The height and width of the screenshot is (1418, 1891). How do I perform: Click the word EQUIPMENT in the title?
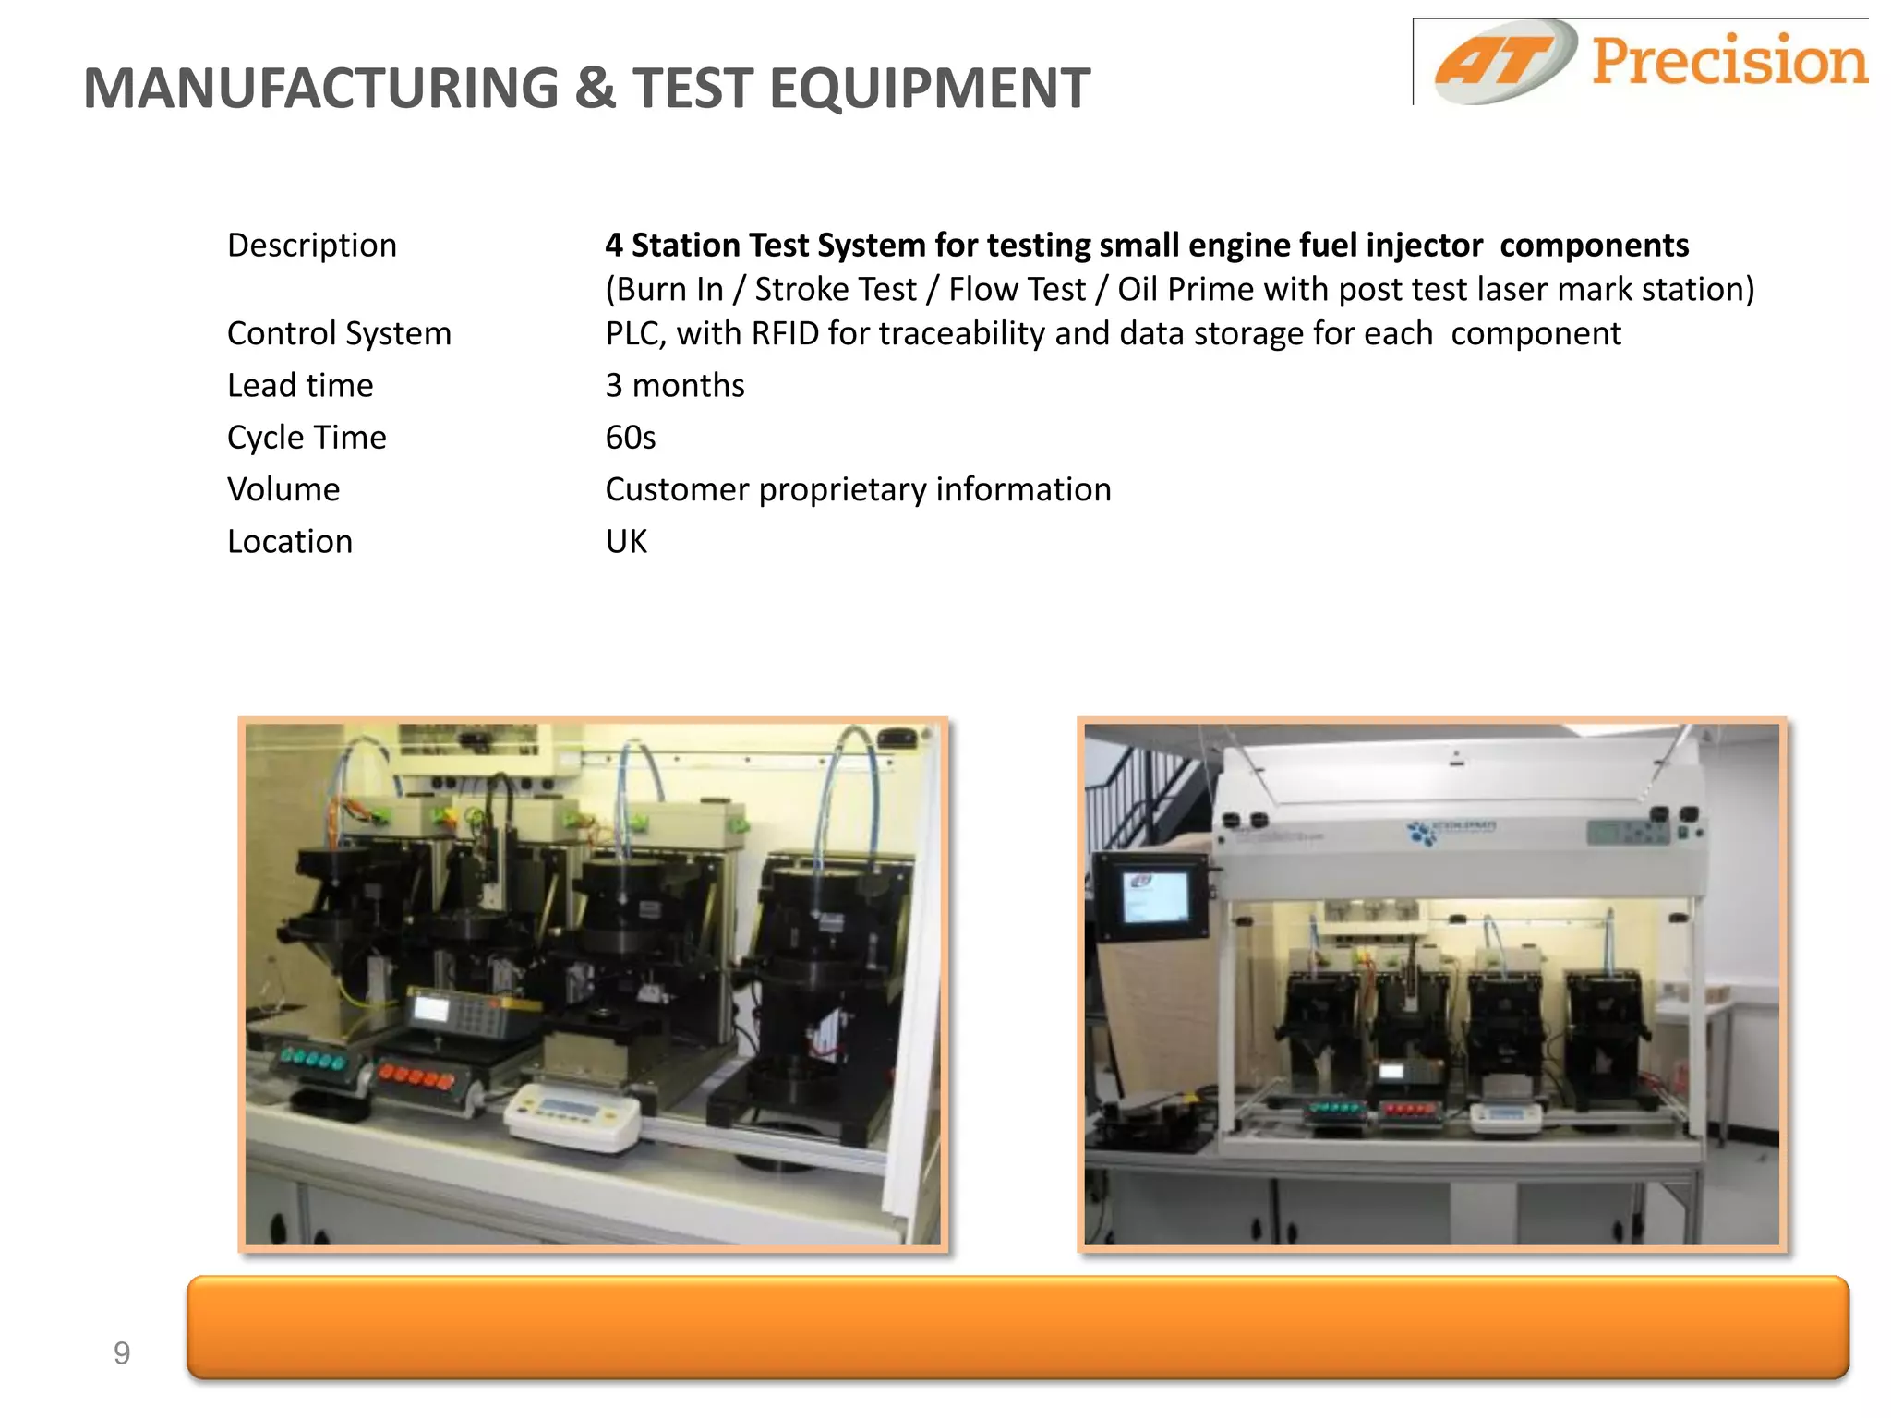click(x=929, y=89)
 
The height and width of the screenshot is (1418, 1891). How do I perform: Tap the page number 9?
click(x=122, y=1353)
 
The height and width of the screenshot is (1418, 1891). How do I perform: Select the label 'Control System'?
click(x=339, y=333)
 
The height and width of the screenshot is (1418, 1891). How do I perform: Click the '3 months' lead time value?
click(x=674, y=385)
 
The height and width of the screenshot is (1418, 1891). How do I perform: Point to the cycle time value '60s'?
click(x=630, y=437)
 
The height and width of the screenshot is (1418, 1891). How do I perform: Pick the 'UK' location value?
click(x=626, y=541)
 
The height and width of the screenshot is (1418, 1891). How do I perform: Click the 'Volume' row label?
click(x=283, y=489)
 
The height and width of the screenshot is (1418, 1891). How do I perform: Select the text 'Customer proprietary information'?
click(x=858, y=489)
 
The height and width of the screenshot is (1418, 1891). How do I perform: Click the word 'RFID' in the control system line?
click(x=785, y=333)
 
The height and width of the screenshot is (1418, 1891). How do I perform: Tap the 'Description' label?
click(x=312, y=245)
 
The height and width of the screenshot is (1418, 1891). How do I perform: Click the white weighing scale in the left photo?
click(x=572, y=1114)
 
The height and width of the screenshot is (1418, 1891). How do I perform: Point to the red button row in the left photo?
click(x=417, y=1076)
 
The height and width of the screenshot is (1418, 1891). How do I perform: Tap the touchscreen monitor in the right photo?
click(x=1151, y=895)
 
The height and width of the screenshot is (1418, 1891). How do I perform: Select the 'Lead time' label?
click(x=300, y=385)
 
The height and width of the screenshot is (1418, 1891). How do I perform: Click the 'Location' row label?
click(x=290, y=541)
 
